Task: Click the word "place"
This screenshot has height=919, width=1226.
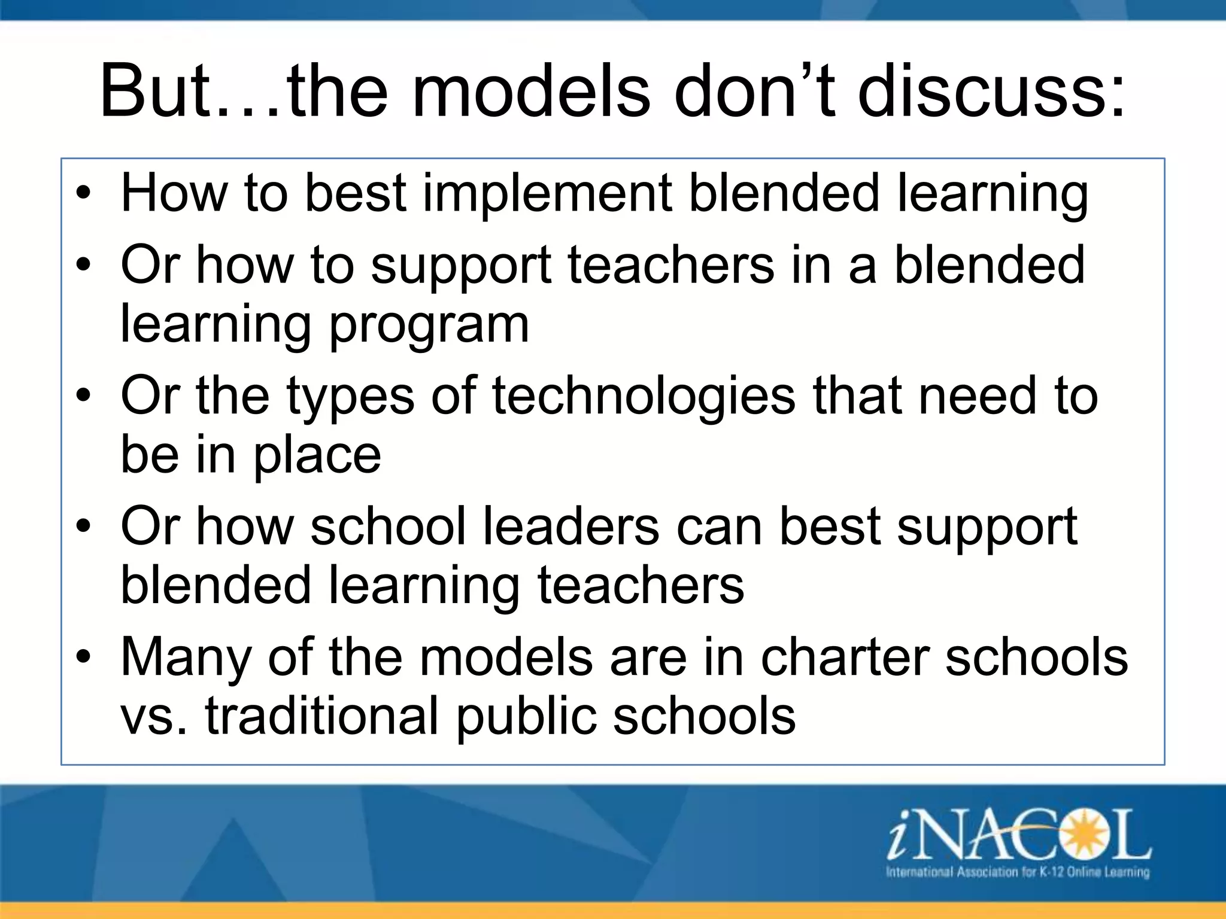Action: pyautogui.click(x=317, y=455)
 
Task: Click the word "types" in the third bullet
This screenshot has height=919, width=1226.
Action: pyautogui.click(x=350, y=396)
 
